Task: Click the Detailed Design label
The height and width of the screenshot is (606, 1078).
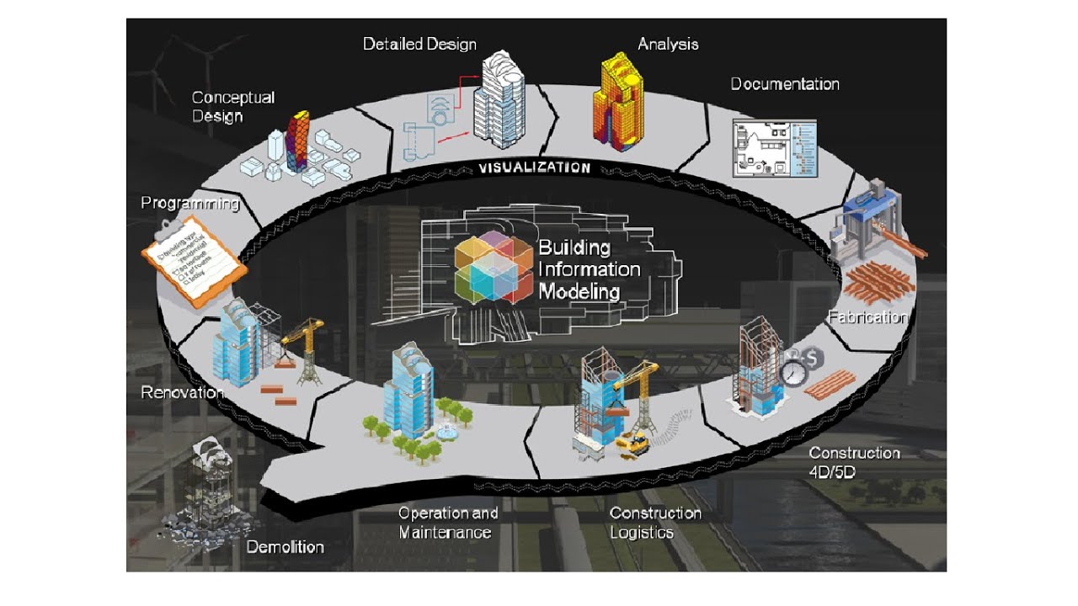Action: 419,44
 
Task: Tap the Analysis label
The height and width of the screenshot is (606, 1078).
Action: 668,44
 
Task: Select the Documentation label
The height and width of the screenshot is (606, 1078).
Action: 784,84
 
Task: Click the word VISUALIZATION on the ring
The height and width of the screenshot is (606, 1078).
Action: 534,167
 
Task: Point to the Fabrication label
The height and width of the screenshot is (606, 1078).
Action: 867,317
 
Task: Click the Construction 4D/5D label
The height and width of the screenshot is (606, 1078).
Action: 854,462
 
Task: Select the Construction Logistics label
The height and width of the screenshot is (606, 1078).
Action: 654,522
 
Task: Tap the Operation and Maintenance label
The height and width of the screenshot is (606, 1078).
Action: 447,522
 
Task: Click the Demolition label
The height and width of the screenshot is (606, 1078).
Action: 285,547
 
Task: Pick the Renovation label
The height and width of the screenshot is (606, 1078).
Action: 182,392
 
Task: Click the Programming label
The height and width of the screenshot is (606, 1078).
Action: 189,204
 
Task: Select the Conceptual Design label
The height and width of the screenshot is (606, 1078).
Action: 232,107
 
